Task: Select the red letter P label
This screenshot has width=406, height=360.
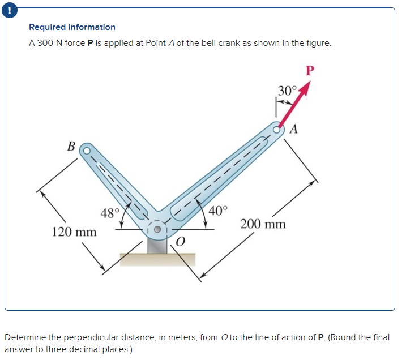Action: coord(309,71)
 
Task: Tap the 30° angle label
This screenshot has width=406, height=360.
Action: coord(287,91)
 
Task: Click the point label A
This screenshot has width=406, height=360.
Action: coord(293,129)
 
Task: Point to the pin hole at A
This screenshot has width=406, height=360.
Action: coord(278,129)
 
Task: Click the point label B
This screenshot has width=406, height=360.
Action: coord(71,147)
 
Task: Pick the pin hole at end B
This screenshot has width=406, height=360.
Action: coord(87,151)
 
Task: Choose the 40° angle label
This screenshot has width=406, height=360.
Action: coord(219,211)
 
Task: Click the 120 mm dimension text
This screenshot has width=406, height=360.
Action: coord(74,232)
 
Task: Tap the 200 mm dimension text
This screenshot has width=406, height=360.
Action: coord(263,224)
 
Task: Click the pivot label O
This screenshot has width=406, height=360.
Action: coord(180,243)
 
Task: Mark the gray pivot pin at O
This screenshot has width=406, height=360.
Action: coord(157,230)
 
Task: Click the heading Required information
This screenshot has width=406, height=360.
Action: coord(72,27)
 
